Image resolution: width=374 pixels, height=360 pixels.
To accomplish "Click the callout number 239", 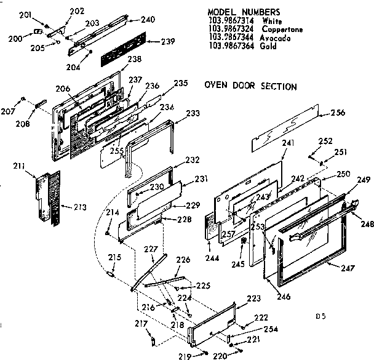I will (167, 41).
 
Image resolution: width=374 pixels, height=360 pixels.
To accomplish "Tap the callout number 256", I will (338, 112).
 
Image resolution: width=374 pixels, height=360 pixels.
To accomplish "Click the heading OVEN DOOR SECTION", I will (250, 87).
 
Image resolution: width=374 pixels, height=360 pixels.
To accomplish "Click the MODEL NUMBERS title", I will (244, 12).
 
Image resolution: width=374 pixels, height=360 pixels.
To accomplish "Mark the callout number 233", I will (193, 114).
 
